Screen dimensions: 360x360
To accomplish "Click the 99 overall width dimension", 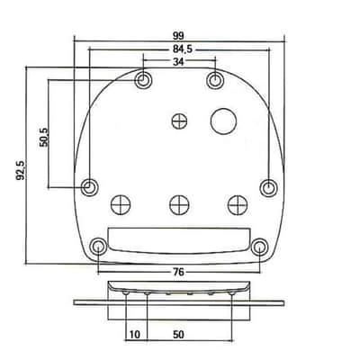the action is tap(178, 36).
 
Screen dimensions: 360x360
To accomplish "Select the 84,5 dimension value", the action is tap(183, 49).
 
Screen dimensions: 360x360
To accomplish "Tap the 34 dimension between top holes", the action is tap(178, 61).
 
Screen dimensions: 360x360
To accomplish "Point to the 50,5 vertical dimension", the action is tap(43, 137).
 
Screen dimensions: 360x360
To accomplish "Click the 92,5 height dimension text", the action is tap(21, 170).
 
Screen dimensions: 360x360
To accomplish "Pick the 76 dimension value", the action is tap(178, 272).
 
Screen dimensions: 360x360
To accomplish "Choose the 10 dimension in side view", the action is tap(135, 335).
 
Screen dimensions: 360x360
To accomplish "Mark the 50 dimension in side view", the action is tap(178, 335).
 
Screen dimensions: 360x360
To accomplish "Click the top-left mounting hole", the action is tap(143, 80).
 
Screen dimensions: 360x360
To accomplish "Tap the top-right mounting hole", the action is tap(215, 80).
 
